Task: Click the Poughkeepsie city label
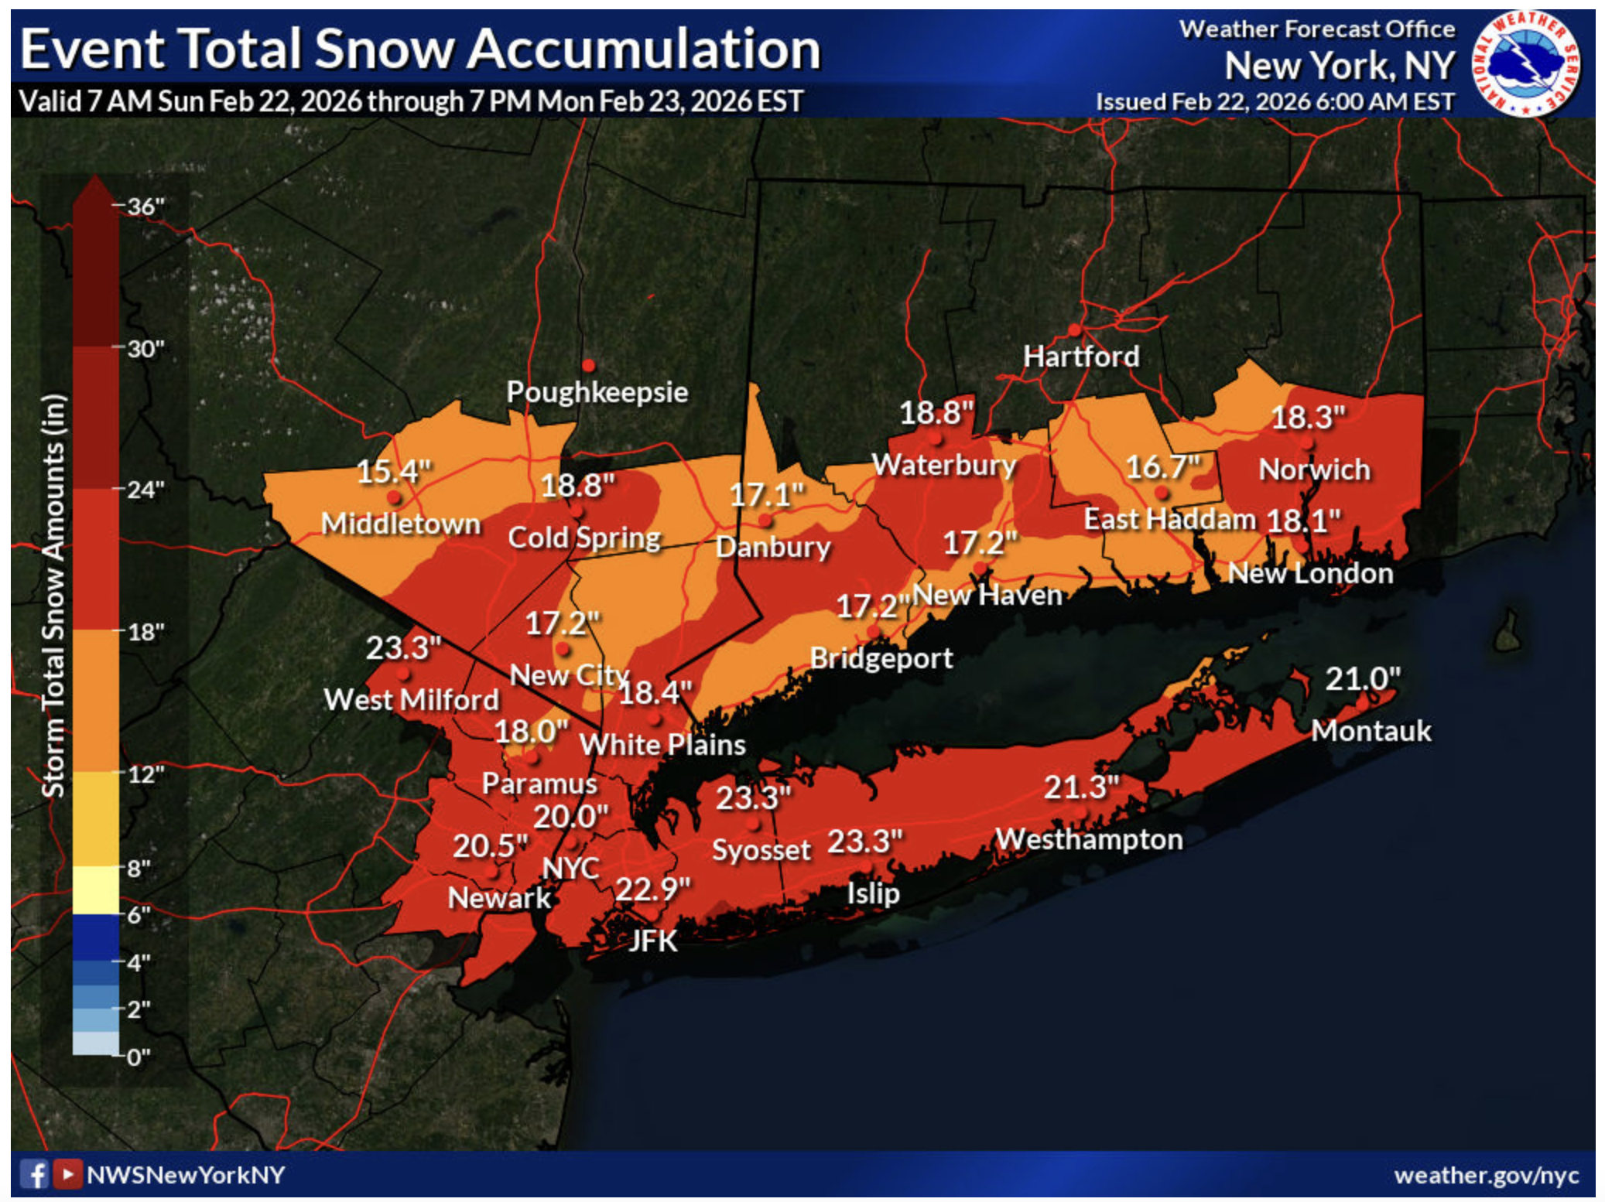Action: tap(597, 391)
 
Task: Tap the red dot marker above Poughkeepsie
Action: tap(588, 365)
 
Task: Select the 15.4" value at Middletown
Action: tap(392, 470)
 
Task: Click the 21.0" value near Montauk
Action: tap(1362, 679)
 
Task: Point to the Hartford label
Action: tap(1080, 357)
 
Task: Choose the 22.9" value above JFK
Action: tap(652, 889)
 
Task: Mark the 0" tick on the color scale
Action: tap(138, 1056)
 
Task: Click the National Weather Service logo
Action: tap(1525, 63)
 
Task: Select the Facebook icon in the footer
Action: tap(34, 1174)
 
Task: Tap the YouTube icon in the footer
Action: tap(67, 1174)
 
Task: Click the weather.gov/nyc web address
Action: tap(1486, 1175)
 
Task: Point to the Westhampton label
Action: tap(1088, 839)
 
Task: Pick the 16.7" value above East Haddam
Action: tap(1162, 466)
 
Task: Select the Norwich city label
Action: tap(1313, 470)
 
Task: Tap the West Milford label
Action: tap(411, 699)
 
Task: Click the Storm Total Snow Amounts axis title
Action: tap(53, 596)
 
